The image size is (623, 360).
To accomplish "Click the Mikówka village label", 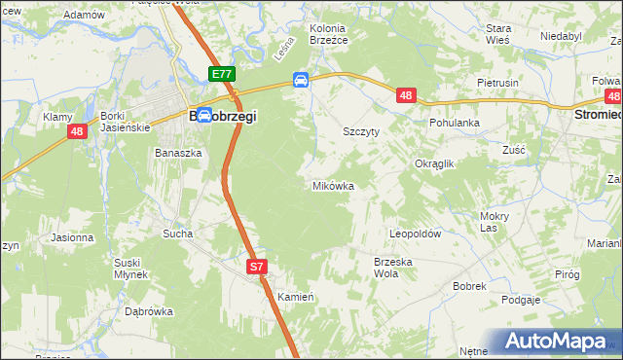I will [332, 185].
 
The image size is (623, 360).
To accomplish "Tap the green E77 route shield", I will [221, 74].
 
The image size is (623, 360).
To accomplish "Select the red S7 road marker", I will [256, 266].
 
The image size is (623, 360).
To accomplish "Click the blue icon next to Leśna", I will [302, 80].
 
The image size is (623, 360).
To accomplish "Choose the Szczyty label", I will [360, 129].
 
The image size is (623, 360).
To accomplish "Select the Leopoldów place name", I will [416, 234].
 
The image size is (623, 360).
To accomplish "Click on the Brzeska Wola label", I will [393, 267].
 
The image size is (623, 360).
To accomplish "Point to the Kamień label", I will [292, 296].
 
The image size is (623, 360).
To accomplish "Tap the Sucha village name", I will [178, 234].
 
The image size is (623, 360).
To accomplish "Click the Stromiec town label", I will [596, 114].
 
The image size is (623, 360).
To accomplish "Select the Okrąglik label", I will [435, 163].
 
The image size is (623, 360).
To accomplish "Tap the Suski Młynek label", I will [128, 269].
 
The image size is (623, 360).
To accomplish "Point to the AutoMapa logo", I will [556, 342].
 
